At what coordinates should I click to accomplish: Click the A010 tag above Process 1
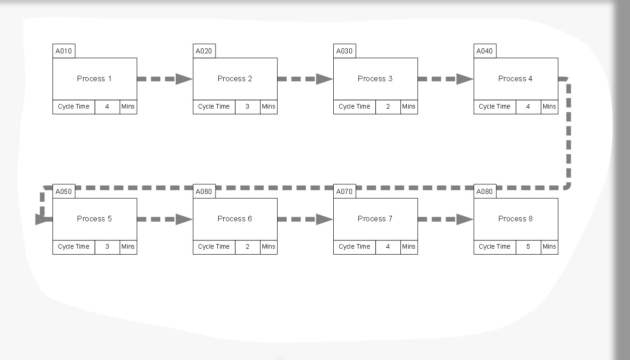coord(63,51)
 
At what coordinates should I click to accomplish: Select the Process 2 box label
coord(235,78)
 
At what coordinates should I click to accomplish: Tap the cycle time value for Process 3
coord(388,107)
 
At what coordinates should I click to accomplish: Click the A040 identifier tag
coord(484,51)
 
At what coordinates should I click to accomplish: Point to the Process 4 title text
coord(515,78)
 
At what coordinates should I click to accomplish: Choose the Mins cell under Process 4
coord(549,107)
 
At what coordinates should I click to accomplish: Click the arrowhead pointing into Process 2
coord(184,79)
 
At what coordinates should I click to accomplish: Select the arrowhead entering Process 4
coord(465,79)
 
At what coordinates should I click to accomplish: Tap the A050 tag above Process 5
coord(63,192)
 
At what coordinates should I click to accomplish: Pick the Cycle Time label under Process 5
coord(73,247)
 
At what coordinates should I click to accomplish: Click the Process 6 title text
coord(235,219)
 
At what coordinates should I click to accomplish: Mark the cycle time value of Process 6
coord(247,247)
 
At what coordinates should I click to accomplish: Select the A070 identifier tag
coord(344,192)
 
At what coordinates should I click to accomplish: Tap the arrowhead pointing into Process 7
coord(325,219)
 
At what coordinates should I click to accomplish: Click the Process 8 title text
coord(515,219)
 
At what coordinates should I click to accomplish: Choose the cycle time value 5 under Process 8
coord(528,247)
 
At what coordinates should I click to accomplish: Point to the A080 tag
coord(484,192)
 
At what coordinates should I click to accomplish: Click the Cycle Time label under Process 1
coord(73,107)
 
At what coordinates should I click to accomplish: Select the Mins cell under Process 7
coord(409,247)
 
